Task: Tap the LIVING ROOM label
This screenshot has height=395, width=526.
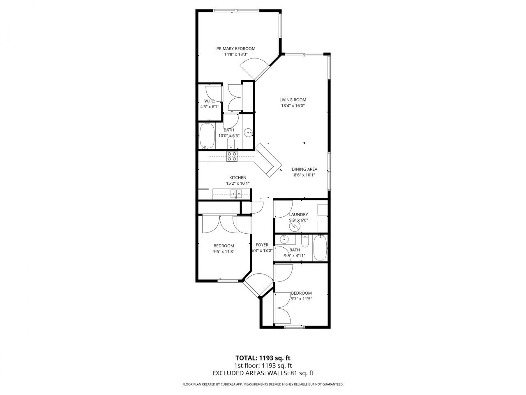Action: [x=293, y=100]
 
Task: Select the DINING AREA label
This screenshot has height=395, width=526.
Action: [x=304, y=169]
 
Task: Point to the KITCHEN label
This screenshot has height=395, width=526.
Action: [x=238, y=178]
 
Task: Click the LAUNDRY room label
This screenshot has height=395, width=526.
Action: [x=298, y=214]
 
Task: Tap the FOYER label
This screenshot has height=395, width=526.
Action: [x=262, y=245]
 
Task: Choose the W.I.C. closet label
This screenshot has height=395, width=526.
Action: [x=210, y=101]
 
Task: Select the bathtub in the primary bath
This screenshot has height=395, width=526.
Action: [x=207, y=136]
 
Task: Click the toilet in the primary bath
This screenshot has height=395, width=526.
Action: [x=231, y=142]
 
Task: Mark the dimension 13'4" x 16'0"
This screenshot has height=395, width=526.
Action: [x=293, y=105]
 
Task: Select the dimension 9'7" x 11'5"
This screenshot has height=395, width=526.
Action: [x=301, y=299]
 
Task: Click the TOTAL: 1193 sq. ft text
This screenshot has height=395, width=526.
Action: [x=263, y=358]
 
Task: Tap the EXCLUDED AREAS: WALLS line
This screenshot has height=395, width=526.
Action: [x=263, y=373]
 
